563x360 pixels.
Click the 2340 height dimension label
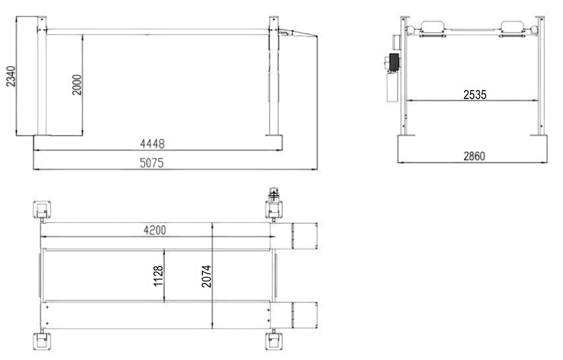[x=11, y=76]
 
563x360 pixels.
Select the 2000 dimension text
[x=77, y=85]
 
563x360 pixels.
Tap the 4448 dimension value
[x=152, y=144]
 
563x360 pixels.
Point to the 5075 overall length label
[x=152, y=163]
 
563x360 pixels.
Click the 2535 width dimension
[x=475, y=95]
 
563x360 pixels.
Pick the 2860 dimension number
[x=474, y=156]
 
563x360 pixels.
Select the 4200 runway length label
[x=155, y=230]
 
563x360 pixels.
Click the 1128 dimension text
[x=158, y=276]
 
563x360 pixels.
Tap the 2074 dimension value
[x=206, y=276]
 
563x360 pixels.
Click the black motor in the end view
[x=394, y=62]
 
